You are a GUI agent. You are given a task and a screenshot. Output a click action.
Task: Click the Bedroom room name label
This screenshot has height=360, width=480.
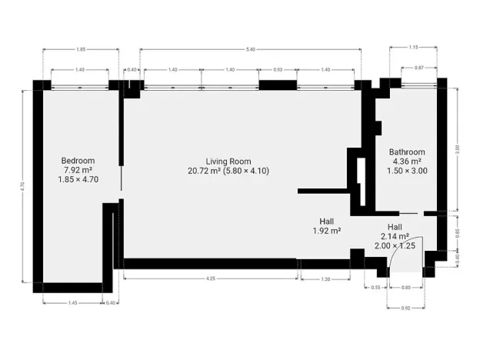point(78,160)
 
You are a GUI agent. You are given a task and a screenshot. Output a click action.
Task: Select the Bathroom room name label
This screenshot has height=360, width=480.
point(406,152)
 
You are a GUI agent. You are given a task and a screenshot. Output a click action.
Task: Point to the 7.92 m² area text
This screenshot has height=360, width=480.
point(78,169)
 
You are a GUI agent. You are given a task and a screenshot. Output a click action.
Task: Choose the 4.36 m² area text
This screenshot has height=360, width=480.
point(406,162)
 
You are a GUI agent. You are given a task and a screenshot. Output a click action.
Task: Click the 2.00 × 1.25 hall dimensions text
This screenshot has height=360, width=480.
point(394,245)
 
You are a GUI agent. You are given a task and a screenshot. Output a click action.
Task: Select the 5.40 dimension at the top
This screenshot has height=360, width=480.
point(250,49)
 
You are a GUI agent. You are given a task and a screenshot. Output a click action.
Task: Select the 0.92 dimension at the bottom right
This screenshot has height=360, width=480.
point(405,308)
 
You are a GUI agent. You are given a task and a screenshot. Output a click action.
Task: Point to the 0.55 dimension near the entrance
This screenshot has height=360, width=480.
point(376,287)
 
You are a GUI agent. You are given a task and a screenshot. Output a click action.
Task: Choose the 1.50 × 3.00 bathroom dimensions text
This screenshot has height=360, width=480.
point(406,171)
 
